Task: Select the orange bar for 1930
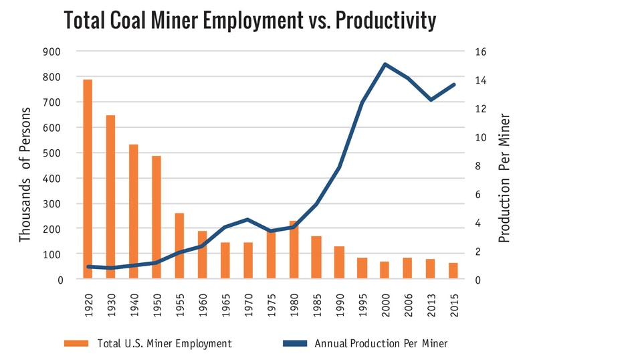(110, 197)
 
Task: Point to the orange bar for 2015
(453, 271)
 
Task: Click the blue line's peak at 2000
(385, 64)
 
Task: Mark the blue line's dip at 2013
(431, 100)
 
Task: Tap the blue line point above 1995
(362, 102)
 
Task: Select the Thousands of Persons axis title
(25, 174)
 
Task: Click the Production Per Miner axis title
(504, 178)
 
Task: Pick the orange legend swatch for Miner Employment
(76, 343)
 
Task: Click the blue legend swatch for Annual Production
(294, 343)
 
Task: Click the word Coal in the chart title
(134, 20)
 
